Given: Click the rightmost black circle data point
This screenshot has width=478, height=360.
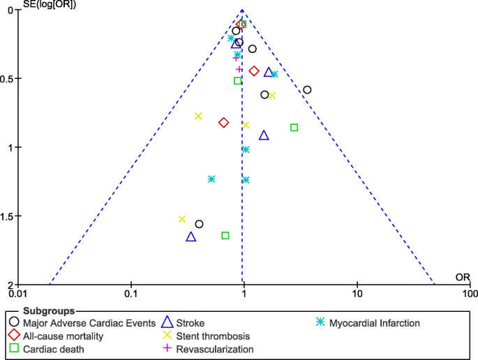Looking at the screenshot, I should (x=307, y=90).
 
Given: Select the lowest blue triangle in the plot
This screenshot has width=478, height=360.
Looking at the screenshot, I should (x=191, y=237).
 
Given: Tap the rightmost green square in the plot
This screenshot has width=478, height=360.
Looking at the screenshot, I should (x=294, y=128).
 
